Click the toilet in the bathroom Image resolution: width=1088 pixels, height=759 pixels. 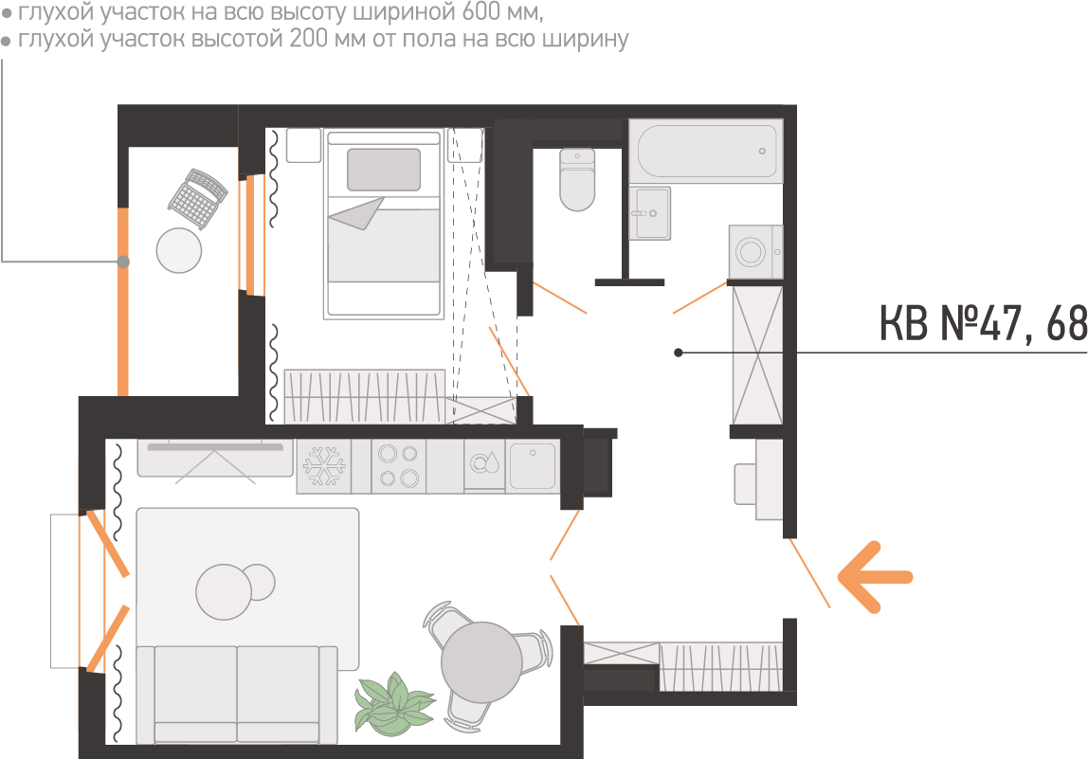(x=577, y=179)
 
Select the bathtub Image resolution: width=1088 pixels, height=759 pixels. (x=706, y=151)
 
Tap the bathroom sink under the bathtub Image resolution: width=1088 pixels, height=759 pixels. (x=651, y=212)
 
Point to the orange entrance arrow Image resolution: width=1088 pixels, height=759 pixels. (x=874, y=575)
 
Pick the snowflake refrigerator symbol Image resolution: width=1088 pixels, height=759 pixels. (x=323, y=465)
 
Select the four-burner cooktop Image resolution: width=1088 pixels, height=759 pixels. (x=398, y=465)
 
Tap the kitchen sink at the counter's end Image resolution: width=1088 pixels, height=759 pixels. (x=532, y=465)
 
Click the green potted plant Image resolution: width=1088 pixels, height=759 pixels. (x=391, y=705)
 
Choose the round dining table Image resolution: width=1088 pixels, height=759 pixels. (x=481, y=661)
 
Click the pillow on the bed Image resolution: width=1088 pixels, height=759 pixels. (x=383, y=170)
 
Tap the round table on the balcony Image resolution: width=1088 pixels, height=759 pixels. (x=179, y=250)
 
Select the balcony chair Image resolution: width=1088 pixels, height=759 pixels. (x=198, y=197)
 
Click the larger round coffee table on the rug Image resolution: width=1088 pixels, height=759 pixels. (x=223, y=591)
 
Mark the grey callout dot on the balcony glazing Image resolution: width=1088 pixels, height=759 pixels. (x=123, y=262)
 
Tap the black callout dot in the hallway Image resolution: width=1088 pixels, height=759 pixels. (x=679, y=352)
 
